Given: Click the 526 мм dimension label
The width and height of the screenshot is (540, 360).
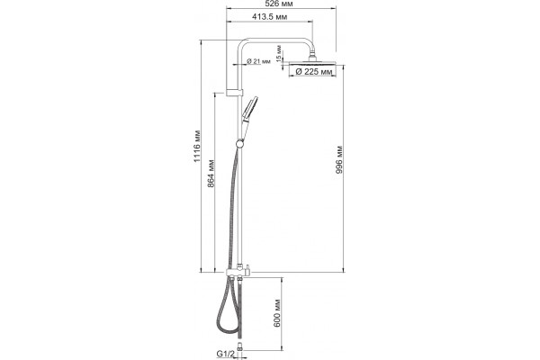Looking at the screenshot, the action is point(281,4).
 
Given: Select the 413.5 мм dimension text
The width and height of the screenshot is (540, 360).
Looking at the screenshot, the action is point(269,16).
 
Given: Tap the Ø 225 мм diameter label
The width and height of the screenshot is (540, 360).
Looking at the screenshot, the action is point(314,72).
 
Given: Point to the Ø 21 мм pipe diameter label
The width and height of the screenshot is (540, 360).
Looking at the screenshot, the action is point(258,61).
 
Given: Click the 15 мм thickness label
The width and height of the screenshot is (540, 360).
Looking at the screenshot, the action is point(279,53).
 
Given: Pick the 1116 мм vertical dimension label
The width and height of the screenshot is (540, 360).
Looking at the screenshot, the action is point(196,146).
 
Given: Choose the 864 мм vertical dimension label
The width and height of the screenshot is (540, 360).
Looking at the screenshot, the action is point(211,174).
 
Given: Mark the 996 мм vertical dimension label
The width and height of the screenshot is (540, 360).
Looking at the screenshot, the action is point(339,160).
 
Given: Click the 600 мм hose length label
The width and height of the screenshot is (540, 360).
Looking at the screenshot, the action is point(277,313).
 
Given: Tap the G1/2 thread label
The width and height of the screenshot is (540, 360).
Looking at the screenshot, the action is point(226,354).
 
